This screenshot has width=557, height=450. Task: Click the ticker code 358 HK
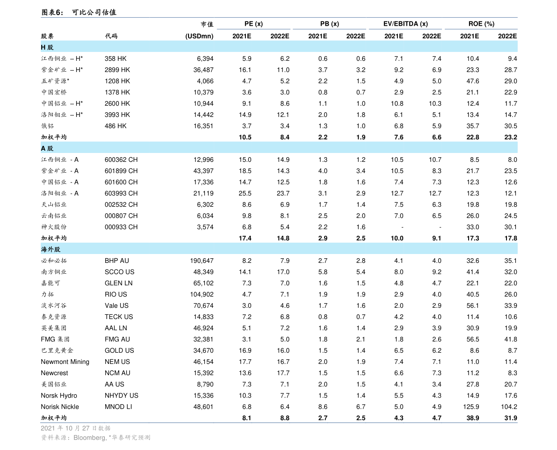pyautogui.click(x=116, y=58)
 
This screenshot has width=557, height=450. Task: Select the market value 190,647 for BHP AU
pyautogui.click(x=202, y=261)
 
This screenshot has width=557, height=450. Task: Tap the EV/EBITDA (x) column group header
pyautogui.click(x=405, y=24)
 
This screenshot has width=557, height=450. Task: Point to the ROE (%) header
pyautogui.click(x=481, y=24)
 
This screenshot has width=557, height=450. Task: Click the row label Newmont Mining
pyautogui.click(x=65, y=362)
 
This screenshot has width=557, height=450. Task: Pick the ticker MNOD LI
pyautogui.click(x=118, y=406)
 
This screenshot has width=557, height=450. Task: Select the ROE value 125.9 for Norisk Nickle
pyautogui.click(x=471, y=406)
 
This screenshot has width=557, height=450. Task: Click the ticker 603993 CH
pyautogui.click(x=121, y=193)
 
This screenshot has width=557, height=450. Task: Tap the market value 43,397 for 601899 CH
pyautogui.click(x=203, y=171)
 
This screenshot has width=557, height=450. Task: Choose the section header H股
pyautogui.click(x=47, y=47)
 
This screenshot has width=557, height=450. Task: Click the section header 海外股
pyautogui.click(x=51, y=249)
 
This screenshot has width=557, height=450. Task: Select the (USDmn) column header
pyautogui.click(x=199, y=36)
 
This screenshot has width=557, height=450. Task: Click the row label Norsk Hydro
pyautogui.click(x=59, y=396)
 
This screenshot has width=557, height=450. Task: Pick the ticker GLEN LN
pyautogui.click(x=119, y=283)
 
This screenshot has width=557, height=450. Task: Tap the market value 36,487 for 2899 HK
pyautogui.click(x=203, y=70)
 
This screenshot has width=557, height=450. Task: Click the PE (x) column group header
pyautogui.click(x=253, y=24)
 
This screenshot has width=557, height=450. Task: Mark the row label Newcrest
pyautogui.click(x=54, y=373)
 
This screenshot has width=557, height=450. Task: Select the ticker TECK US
pyautogui.click(x=119, y=317)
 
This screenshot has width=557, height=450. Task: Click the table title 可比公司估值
pyautogui.click(x=94, y=13)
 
